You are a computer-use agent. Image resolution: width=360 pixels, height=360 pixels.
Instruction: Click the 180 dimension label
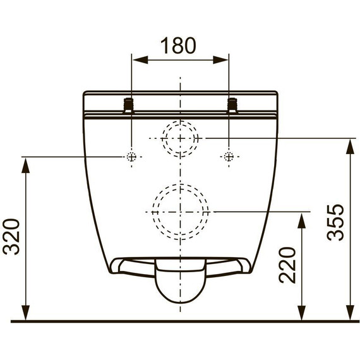point(178,45)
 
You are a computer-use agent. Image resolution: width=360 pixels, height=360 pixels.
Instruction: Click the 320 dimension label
point(11,237)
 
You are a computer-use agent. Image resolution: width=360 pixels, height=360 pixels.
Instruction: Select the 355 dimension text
point(335,222)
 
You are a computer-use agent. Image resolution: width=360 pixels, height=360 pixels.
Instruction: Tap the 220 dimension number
point(287,265)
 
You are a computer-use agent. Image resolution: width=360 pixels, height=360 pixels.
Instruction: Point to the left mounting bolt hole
point(131,157)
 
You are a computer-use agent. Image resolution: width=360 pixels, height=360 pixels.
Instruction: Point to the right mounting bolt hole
point(229,157)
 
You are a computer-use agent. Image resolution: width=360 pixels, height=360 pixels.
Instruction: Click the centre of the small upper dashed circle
point(180,138)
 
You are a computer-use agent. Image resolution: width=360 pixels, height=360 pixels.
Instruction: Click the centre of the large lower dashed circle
point(180,212)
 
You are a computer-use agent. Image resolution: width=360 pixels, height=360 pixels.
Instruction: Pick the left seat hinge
point(129,105)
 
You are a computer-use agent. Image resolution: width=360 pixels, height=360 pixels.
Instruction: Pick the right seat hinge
point(232,105)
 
